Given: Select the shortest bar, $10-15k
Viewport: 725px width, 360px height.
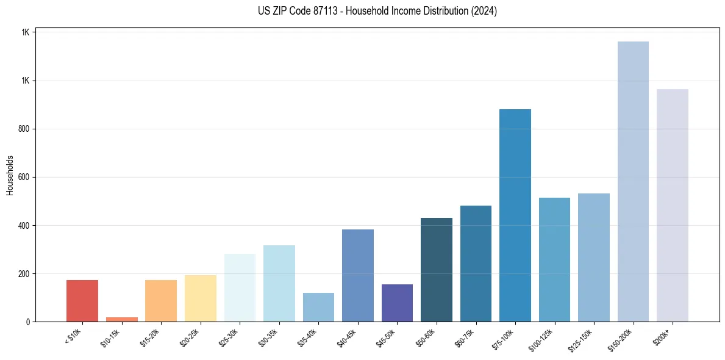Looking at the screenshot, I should pos(121,319).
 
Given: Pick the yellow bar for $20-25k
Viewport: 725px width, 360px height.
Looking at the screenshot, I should pos(201,298).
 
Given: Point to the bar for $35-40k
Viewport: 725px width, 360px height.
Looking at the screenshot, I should pos(318,308).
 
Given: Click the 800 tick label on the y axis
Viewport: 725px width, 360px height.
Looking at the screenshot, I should pos(23,129).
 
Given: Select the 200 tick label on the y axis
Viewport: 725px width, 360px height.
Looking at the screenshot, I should pos(23,274).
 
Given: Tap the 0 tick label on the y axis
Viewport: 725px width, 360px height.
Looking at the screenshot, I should pos(27,322).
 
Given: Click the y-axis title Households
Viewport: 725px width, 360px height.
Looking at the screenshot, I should pos(10,175).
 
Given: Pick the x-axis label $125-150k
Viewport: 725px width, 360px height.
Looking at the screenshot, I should pos(581,338).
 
